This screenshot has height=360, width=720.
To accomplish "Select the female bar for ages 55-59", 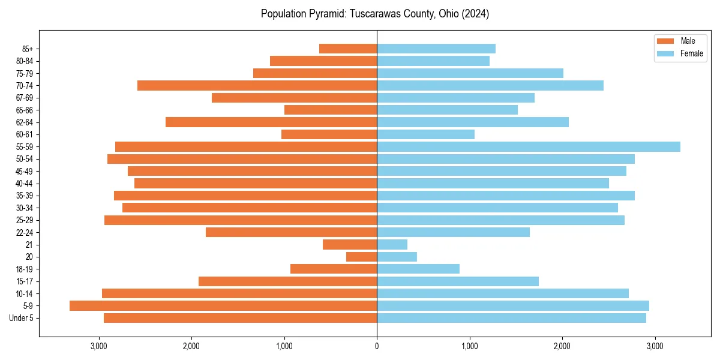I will [x=528, y=146].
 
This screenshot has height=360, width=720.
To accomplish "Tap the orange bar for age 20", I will [x=362, y=257].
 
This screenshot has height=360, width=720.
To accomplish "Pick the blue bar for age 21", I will [x=392, y=244].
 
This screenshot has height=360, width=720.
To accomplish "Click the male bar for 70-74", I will [x=257, y=85].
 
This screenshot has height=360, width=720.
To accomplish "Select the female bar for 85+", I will [x=436, y=49].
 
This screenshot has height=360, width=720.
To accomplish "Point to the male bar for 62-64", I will [x=271, y=122].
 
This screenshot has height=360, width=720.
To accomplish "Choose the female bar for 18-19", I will [x=418, y=269].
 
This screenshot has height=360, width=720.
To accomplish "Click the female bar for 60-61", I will [x=425, y=134].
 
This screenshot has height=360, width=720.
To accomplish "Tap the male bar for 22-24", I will [x=291, y=232].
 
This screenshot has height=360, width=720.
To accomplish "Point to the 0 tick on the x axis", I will [x=377, y=346].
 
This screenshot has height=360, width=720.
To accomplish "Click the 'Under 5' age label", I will [x=25, y=318].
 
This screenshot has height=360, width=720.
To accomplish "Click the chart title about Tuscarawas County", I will [x=375, y=14].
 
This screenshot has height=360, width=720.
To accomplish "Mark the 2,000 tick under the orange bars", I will [x=191, y=346].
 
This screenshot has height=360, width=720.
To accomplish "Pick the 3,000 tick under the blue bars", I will [x=655, y=346].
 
